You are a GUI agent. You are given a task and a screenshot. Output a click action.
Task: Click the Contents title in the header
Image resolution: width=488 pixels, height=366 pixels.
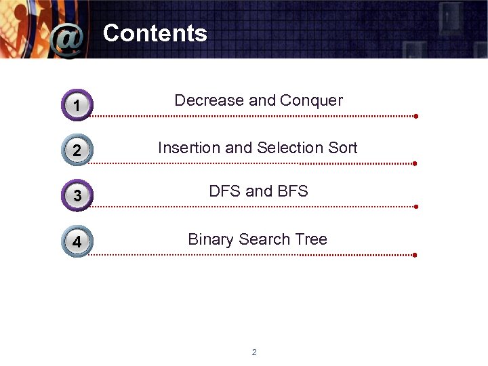tap(155, 33)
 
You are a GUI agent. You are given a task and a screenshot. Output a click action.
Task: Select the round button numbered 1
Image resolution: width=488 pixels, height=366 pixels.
tap(77, 105)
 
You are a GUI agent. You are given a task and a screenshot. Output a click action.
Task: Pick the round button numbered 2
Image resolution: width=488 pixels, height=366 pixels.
tap(77, 150)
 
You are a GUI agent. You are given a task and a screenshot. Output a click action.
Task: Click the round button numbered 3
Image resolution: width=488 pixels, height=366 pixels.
tap(77, 195)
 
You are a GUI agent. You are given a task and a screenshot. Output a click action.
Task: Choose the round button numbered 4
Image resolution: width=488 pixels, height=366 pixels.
tap(77, 241)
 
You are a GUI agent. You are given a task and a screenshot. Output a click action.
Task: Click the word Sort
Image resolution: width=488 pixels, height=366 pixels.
tap(342, 148)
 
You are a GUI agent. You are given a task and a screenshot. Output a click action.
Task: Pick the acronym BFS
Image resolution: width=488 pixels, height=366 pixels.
tap(292, 191)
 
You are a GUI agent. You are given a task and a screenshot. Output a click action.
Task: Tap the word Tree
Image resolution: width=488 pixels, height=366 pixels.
tap(311, 239)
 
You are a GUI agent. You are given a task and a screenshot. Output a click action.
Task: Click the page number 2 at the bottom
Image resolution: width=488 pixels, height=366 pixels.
tap(254, 352)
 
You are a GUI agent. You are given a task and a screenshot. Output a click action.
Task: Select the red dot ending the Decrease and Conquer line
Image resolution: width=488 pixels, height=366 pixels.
tap(416, 116)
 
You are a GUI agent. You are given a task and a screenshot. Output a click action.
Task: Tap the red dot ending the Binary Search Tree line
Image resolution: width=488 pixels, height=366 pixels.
tap(414, 255)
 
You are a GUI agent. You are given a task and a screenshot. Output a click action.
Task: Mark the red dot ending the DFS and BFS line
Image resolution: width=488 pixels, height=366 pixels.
tap(415, 207)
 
